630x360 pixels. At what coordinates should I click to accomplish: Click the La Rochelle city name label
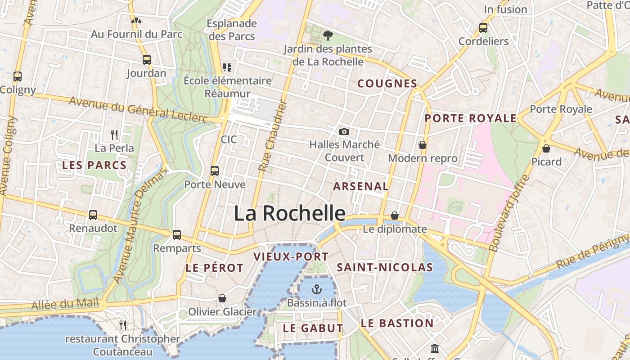[x=289, y=213]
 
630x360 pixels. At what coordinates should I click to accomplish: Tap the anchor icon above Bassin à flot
[x=317, y=289]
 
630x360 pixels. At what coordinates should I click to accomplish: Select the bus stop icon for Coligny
[x=18, y=76]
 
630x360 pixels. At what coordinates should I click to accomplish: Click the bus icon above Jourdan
[x=146, y=59]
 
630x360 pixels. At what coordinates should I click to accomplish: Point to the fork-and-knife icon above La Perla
[x=114, y=134]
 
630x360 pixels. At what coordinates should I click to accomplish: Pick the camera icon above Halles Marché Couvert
[x=344, y=131]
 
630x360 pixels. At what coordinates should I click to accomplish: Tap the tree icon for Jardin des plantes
[x=328, y=35]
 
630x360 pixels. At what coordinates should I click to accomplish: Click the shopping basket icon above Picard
[x=546, y=148]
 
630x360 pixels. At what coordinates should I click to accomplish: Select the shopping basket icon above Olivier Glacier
[x=222, y=298]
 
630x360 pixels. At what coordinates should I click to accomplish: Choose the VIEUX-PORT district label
[x=291, y=256]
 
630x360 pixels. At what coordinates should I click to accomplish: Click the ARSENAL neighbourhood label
[x=361, y=186]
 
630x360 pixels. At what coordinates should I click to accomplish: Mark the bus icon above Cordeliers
[x=483, y=27]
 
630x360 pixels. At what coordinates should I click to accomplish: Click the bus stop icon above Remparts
[x=177, y=234]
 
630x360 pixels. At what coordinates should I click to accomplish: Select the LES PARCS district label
[x=94, y=165]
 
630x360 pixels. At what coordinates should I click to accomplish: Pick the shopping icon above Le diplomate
[x=395, y=216]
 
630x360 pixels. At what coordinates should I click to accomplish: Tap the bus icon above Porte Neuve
[x=215, y=171]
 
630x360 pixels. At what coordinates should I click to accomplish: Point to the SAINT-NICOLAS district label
[x=385, y=267]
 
